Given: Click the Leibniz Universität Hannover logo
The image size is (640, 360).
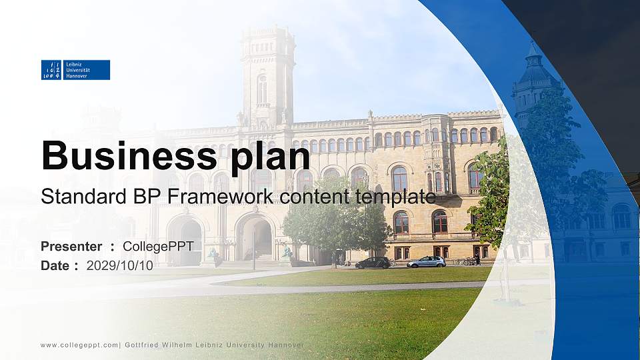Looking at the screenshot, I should pyautogui.click(x=75, y=70).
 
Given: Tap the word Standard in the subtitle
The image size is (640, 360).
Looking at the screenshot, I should pyautogui.click(x=75, y=197).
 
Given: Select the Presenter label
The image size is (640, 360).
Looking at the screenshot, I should pyautogui.click(x=71, y=247).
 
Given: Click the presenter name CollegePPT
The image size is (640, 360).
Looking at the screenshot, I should pyautogui.click(x=158, y=247).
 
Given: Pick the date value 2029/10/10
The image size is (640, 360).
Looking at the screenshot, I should pyautogui.click(x=120, y=265).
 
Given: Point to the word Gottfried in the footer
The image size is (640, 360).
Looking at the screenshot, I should pyautogui.click(x=141, y=345).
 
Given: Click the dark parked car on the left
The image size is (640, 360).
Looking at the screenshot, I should pyautogui.click(x=373, y=263).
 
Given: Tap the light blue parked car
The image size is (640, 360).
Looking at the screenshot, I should pyautogui.click(x=426, y=262).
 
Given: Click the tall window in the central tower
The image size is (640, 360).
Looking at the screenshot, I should pyautogui.click(x=262, y=89).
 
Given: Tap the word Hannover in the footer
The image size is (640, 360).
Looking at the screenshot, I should pyautogui.click(x=285, y=345).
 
